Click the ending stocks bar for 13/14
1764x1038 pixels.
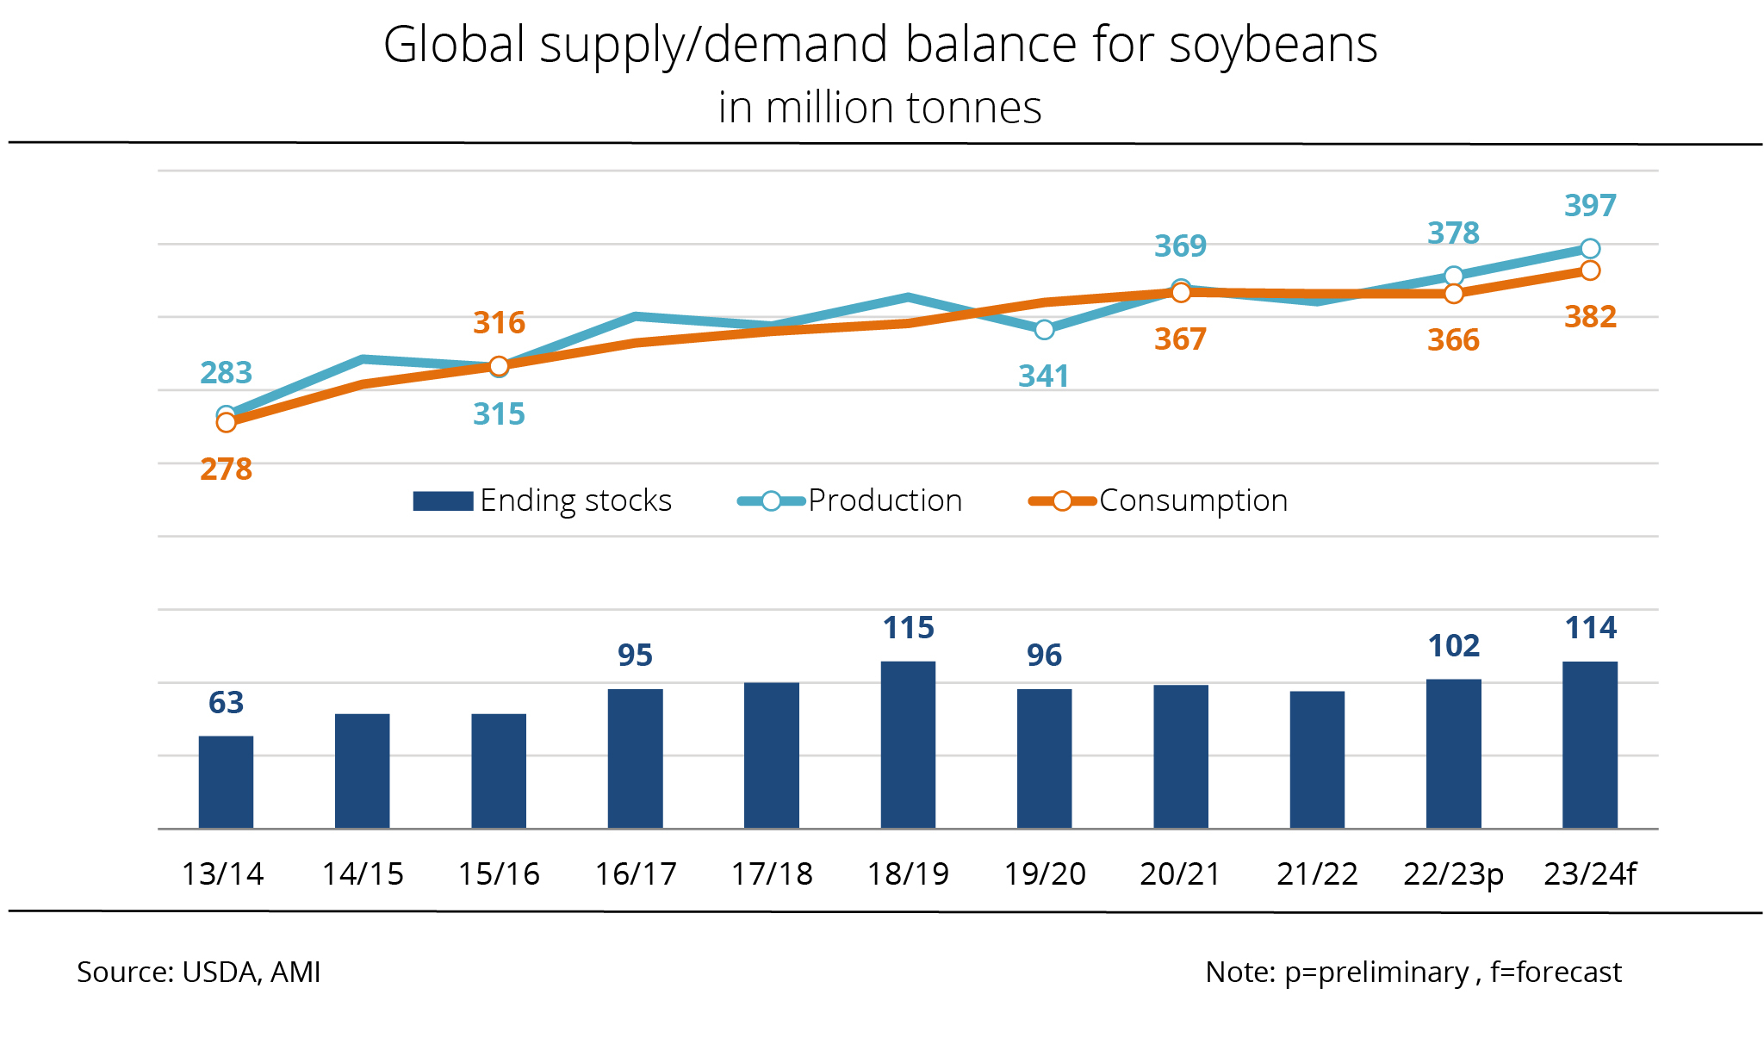tap(226, 782)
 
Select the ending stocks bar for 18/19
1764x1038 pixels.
tap(908, 745)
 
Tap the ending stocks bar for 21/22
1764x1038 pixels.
tap(1317, 760)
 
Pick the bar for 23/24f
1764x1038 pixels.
tap(1590, 745)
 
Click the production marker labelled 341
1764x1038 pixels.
tap(1044, 329)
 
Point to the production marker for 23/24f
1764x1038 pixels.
tap(1590, 249)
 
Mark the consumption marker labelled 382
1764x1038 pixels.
tap(1590, 270)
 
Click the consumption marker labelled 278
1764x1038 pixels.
tap(226, 422)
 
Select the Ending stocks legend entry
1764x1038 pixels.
tap(543, 500)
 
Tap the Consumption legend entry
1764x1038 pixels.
tap(1158, 500)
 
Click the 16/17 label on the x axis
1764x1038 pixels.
tap(636, 874)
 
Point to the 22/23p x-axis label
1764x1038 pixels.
tap(1453, 874)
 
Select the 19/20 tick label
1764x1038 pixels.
tap(1044, 874)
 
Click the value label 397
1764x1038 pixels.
tap(1590, 206)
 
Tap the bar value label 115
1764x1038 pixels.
tap(908, 628)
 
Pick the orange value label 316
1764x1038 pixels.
tap(499, 323)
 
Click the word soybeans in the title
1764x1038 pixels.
tap(1273, 45)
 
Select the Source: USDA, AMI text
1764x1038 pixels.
tap(199, 972)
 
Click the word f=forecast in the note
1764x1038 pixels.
tap(1556, 972)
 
